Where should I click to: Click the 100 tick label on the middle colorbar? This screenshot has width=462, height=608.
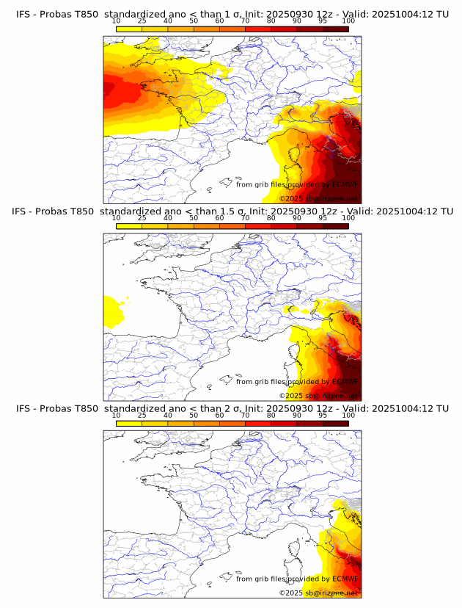[348, 218]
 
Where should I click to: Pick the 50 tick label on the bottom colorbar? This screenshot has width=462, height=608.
[194, 416]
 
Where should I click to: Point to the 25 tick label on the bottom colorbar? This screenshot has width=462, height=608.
[142, 416]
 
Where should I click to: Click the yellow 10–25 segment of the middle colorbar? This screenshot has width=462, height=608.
[129, 225]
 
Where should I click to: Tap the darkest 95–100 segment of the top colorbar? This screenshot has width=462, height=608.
[335, 29]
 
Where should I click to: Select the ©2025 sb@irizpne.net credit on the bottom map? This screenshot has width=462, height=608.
[318, 593]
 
